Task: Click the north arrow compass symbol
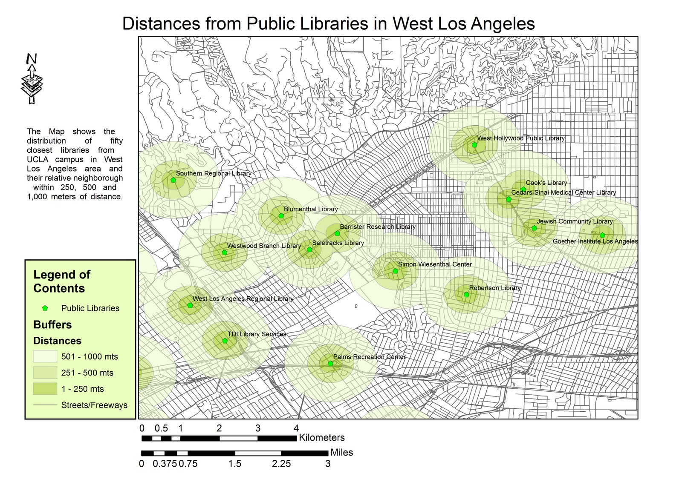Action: point(32,79)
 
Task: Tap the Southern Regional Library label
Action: point(213,173)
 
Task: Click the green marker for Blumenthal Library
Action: point(281,216)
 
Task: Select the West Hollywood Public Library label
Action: point(520,138)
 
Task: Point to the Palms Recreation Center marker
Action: point(330,364)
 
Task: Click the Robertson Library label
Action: point(494,288)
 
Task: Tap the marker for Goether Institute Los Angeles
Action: point(602,235)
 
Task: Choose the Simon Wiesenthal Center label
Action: point(435,264)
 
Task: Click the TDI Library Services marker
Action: point(225,341)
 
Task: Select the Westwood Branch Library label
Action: point(264,246)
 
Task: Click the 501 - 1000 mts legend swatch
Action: point(45,356)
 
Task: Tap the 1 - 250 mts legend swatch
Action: point(45,389)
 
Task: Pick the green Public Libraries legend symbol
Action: point(45,308)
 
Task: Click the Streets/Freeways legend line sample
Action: point(45,405)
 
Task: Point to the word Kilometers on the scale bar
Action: point(321,438)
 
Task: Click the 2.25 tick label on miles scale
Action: point(281,464)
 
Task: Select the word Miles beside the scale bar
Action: point(341,453)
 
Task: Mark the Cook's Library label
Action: point(546,183)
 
